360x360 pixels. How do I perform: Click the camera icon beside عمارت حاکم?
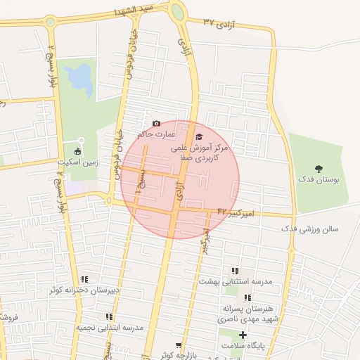click(156, 124)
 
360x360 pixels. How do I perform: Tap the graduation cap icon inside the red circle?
click(199, 136)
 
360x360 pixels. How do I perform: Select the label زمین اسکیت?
click(77, 162)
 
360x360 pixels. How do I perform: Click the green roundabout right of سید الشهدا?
click(178, 12)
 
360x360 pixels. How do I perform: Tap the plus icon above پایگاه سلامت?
click(243, 335)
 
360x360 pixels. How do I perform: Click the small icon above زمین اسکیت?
click(77, 151)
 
